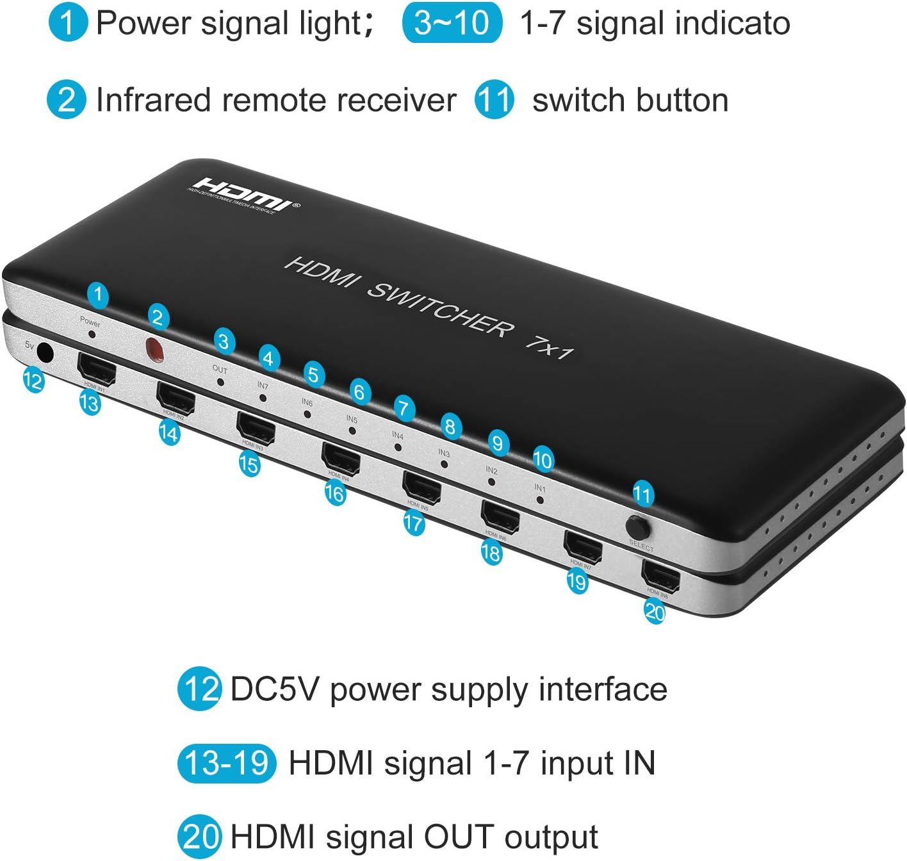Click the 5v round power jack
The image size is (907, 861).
tap(44, 352)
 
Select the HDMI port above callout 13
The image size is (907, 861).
tap(96, 368)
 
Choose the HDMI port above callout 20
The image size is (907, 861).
tap(660, 575)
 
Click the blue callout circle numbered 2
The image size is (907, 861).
tap(158, 317)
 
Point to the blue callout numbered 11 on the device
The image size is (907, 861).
tap(642, 494)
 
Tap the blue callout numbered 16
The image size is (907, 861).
tap(334, 493)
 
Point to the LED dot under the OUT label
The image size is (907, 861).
tap(221, 381)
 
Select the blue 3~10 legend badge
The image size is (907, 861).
tap(452, 23)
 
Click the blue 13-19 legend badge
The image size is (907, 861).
tap(227, 763)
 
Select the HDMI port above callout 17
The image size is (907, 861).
tap(421, 486)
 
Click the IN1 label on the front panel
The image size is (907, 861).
tap(540, 488)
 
